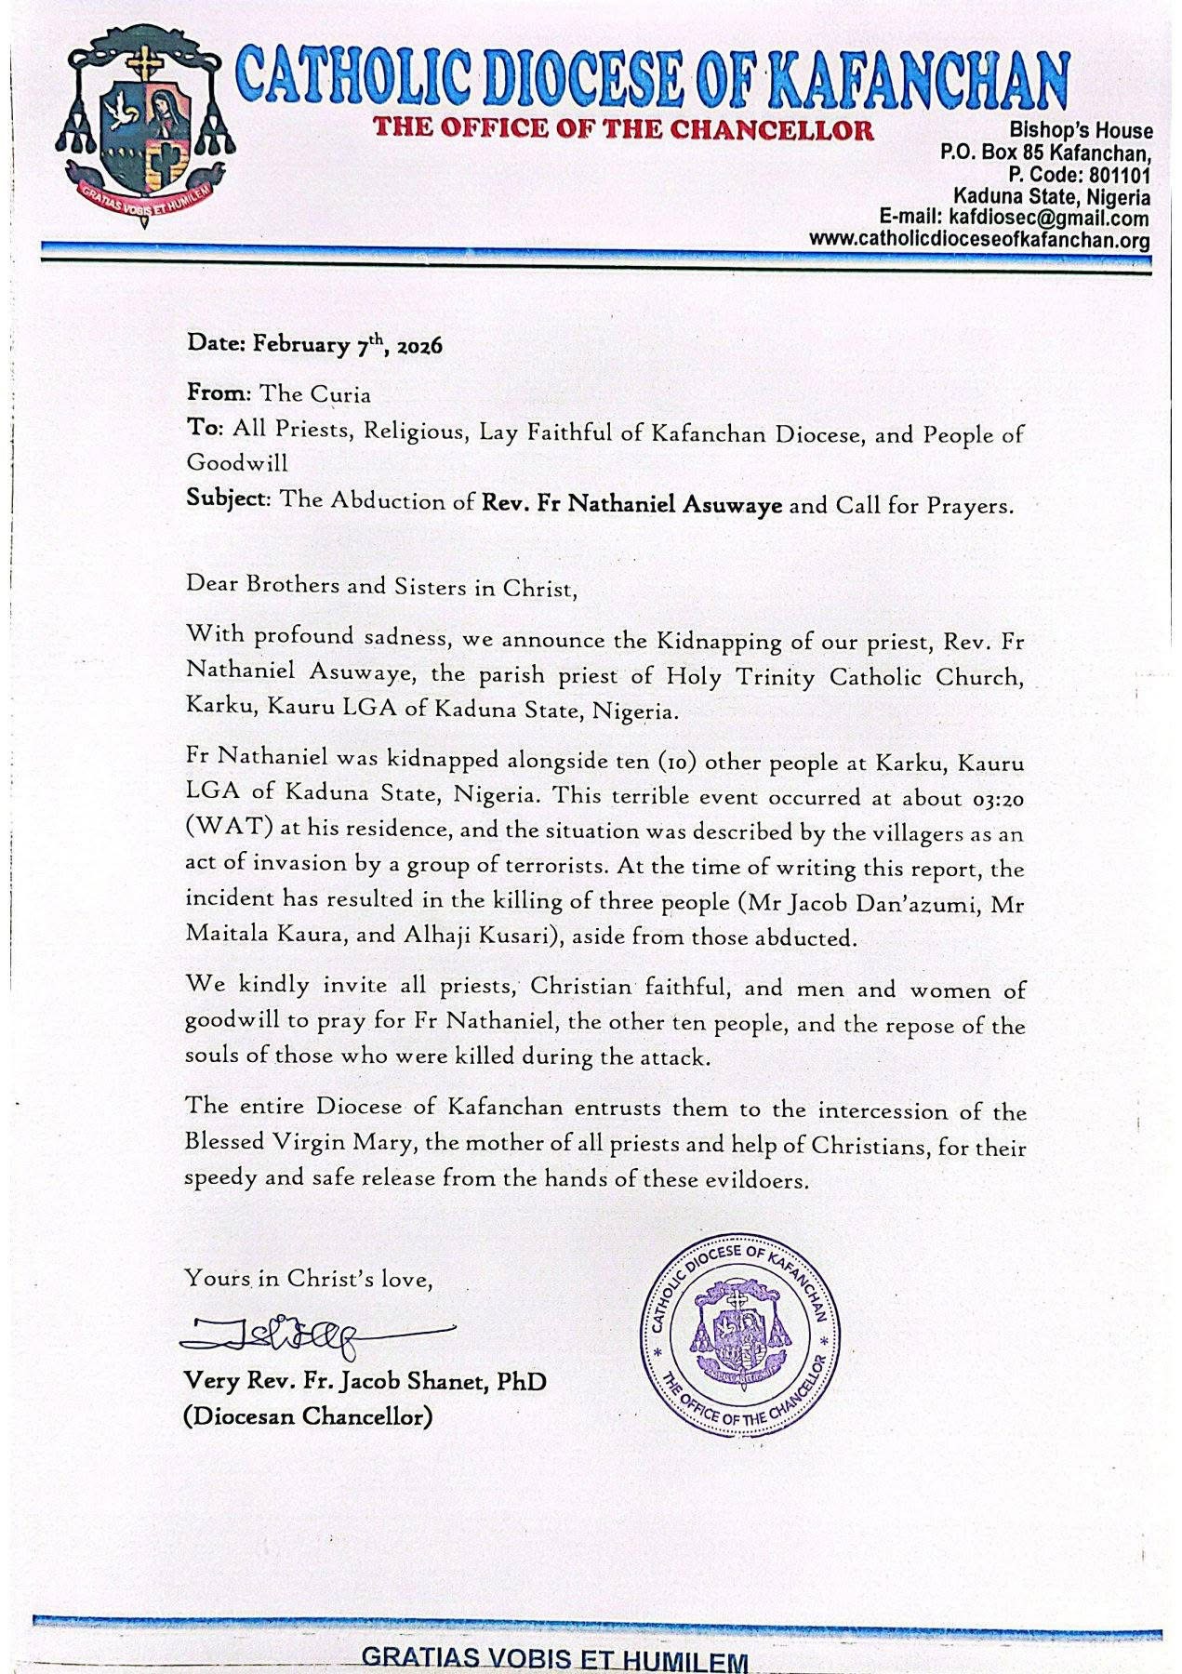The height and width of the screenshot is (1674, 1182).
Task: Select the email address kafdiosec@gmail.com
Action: pos(1047,219)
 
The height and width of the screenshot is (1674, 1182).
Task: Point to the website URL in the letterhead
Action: pos(979,240)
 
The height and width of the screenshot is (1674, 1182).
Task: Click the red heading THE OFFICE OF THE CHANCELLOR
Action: pos(623,129)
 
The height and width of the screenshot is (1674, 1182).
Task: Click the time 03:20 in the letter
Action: pos(993,797)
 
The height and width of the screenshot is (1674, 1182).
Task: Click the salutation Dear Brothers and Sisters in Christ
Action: pos(382,588)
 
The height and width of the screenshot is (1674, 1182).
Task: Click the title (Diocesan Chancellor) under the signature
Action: pos(308,1416)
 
